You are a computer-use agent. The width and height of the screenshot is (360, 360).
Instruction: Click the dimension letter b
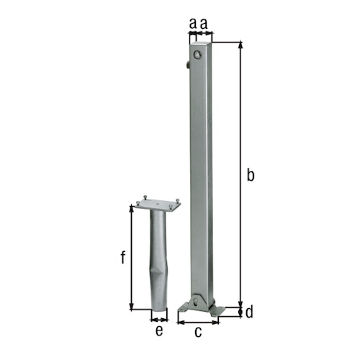[250, 174]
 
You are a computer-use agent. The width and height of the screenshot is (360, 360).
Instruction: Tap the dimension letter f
[123, 257]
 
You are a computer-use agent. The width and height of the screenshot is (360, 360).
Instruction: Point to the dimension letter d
[250, 312]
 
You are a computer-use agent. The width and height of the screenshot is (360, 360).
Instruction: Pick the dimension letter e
[159, 331]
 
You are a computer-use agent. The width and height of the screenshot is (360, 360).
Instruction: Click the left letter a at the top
[192, 24]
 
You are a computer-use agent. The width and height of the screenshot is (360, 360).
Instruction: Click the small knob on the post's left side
[187, 66]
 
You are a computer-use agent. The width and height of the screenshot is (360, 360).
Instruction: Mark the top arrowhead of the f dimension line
[132, 207]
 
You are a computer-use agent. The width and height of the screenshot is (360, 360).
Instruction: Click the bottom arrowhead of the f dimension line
[132, 307]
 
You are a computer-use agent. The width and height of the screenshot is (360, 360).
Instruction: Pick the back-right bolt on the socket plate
[172, 199]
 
